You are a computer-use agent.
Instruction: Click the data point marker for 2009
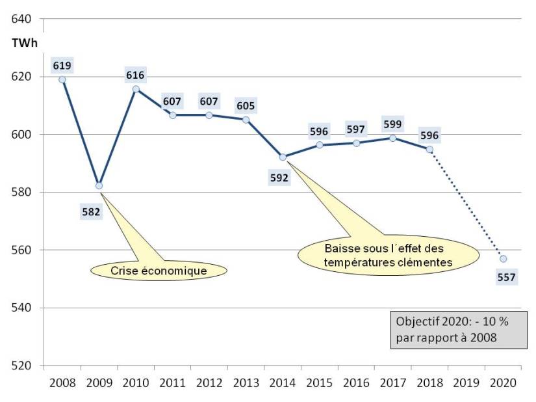coord(99,185)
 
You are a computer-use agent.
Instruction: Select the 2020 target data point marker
coord(503,259)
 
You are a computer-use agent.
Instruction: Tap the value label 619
coord(62,65)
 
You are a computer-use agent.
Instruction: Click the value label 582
coord(91,211)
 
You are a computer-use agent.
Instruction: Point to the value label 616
coord(136,75)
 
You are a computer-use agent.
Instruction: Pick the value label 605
coord(246,106)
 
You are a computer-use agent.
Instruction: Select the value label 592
coord(279,178)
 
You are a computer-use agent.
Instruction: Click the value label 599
coord(392,124)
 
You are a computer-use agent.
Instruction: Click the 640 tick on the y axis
coord(21,19)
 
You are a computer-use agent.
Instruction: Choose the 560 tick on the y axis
coord(21,250)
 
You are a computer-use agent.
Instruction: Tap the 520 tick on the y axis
coord(21,365)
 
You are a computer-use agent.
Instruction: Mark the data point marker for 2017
coord(393,138)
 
